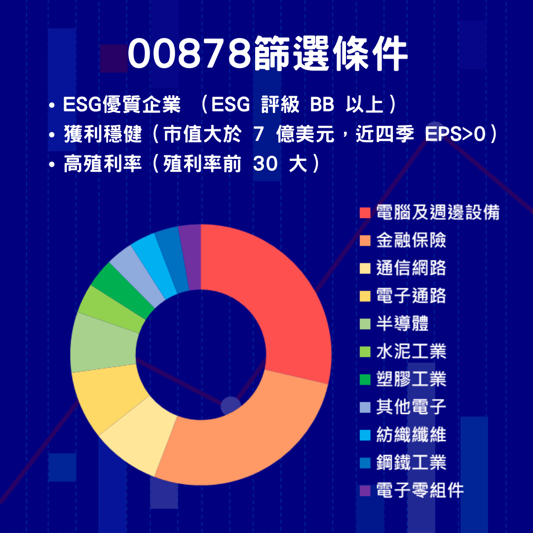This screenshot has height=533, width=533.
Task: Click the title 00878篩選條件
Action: pos(267,54)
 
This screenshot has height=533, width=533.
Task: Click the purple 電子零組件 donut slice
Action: pos(190,257)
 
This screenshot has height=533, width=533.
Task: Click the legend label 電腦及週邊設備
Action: pos(437,212)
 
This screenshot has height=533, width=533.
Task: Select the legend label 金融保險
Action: pos(411,240)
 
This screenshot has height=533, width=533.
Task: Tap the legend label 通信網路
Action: pos(411,268)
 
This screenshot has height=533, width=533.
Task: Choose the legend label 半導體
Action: pos(402,324)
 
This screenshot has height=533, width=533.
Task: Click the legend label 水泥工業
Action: pos(411,351)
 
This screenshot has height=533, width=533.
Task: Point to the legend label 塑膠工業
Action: pos(411,379)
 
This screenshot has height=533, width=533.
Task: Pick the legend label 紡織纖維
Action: pos(411,435)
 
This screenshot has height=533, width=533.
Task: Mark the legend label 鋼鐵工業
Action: pos(411,462)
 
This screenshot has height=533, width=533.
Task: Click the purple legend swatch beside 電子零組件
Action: pos(365,491)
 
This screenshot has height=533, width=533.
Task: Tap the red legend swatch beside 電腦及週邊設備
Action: pos(365,213)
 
